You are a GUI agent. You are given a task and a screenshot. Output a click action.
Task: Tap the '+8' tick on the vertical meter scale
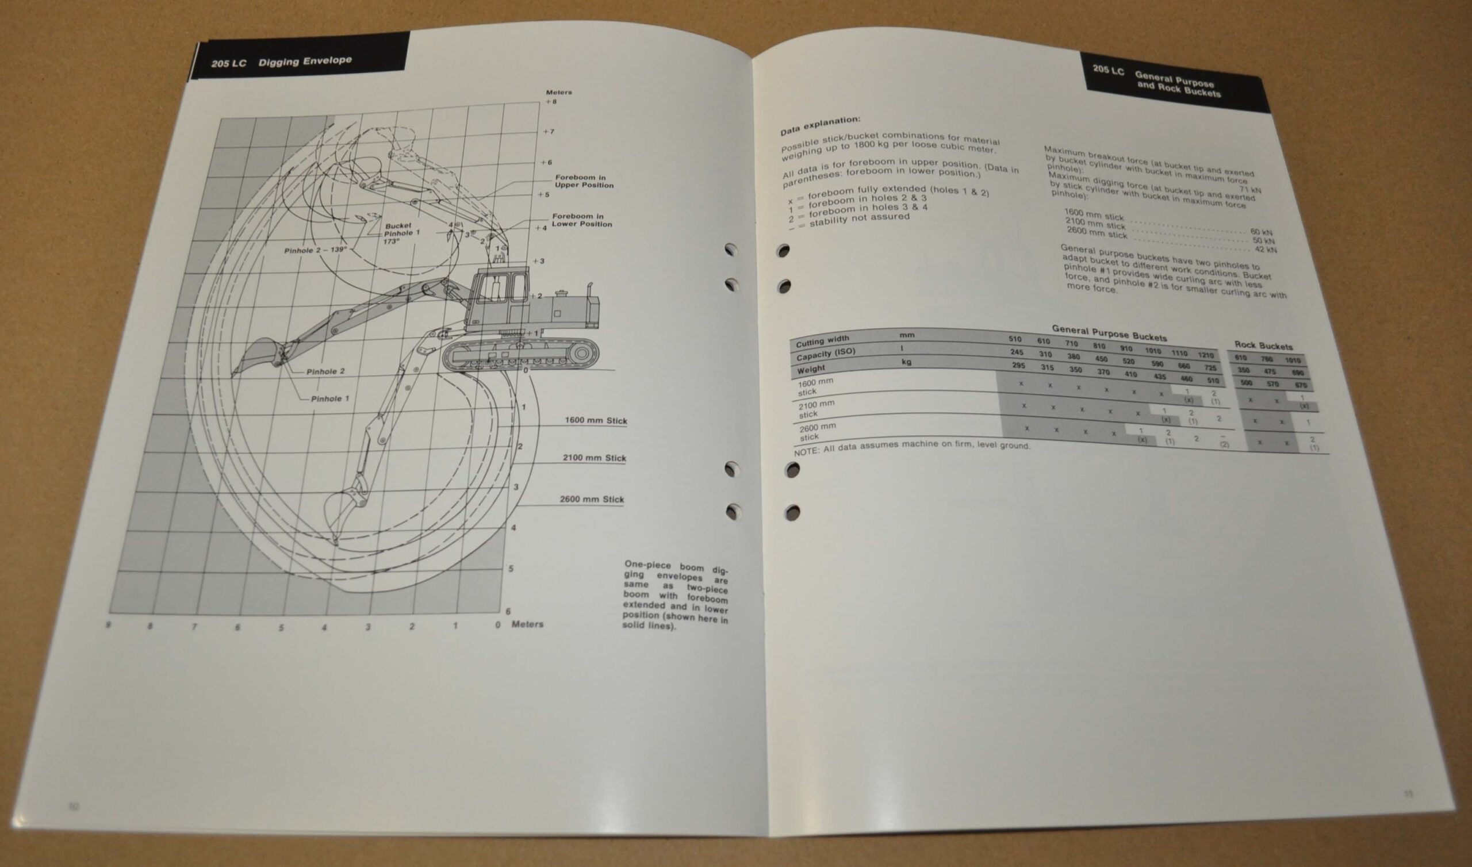coord(551,102)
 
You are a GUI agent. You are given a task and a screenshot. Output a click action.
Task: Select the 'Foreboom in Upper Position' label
coord(584,181)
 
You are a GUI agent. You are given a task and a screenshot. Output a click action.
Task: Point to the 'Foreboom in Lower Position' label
coord(582,220)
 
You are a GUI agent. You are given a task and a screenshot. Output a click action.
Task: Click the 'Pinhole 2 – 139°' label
coord(316,250)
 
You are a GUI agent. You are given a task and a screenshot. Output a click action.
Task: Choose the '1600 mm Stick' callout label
coord(595,421)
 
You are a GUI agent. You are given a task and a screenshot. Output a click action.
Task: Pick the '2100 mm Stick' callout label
coord(594,458)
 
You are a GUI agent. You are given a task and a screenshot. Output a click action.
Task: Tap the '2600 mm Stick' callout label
coord(592,500)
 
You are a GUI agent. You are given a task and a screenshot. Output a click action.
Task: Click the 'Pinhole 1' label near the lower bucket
coord(330,399)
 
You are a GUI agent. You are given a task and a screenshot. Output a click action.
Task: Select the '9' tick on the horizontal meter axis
coord(109,625)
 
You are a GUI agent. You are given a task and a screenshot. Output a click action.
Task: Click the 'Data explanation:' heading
coord(820,124)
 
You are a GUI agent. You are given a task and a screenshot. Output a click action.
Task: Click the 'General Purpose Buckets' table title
coord(1109,333)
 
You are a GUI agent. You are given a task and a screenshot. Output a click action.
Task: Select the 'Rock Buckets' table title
coord(1263,346)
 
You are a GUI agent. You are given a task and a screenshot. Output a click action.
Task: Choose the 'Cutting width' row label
coord(822,341)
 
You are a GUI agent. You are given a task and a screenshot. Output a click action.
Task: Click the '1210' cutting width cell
coord(1205,355)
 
